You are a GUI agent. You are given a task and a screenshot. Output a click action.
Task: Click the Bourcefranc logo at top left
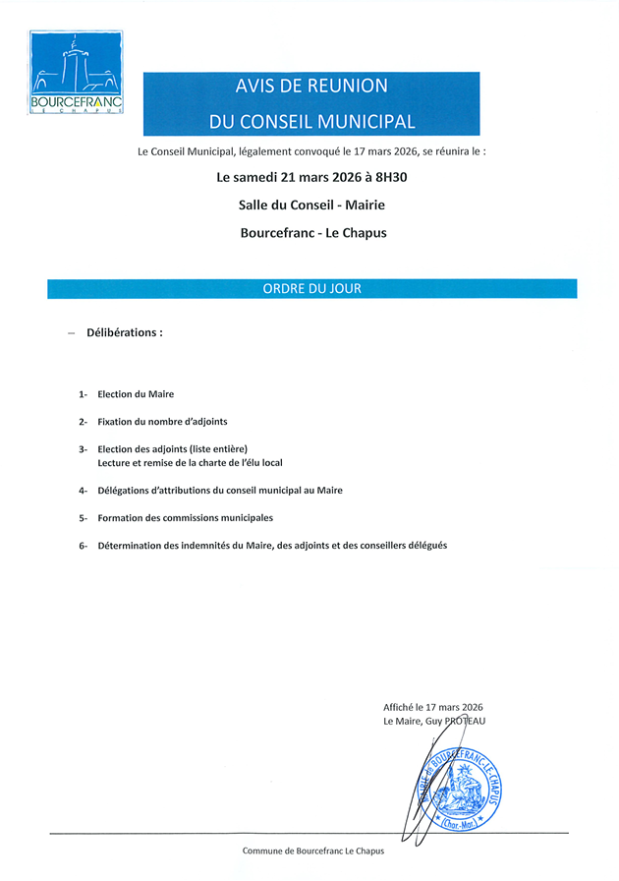[x=76, y=73]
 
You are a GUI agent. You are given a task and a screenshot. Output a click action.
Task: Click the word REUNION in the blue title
[x=348, y=87]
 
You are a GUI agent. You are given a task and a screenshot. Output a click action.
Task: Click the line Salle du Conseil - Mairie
[x=311, y=206]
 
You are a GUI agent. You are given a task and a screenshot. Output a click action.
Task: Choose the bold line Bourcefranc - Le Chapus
[x=312, y=233]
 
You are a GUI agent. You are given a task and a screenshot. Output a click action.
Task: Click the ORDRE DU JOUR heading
[x=311, y=289]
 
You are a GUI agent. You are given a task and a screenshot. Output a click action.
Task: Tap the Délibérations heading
[x=125, y=332]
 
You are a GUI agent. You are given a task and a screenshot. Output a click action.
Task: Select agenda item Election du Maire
[x=136, y=394]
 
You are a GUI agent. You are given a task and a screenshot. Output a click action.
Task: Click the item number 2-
[x=84, y=422]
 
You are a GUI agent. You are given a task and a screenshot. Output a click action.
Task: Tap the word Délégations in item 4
[x=125, y=490]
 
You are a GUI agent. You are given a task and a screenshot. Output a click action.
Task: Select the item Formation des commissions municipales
[x=185, y=517]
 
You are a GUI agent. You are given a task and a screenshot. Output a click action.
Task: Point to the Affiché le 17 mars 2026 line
[x=433, y=707]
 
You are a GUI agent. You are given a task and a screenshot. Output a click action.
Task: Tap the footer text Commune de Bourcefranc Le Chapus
[x=312, y=851]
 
